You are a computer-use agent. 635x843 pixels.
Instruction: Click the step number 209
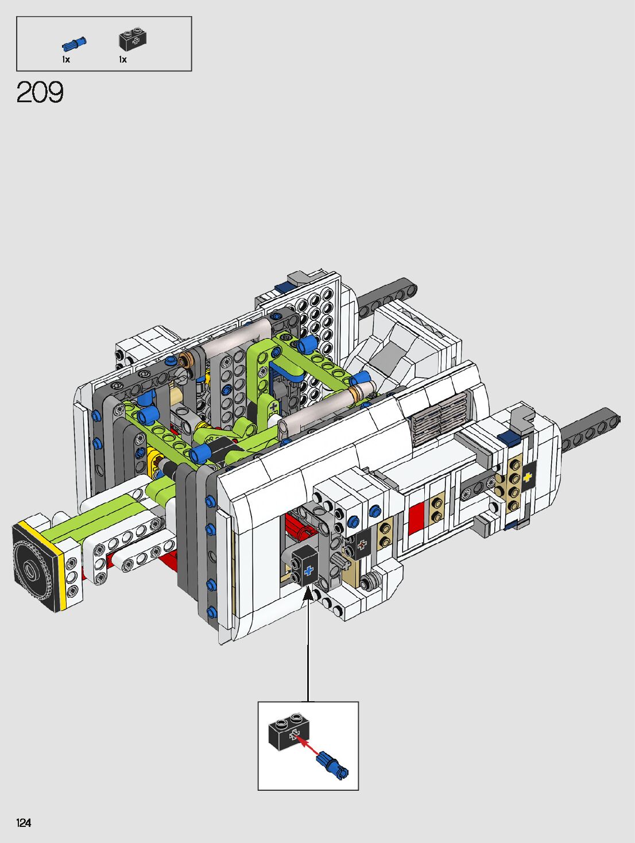coord(40,92)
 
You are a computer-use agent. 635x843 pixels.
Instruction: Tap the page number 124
coord(24,822)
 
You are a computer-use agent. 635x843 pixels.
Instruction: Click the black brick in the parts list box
coord(133,38)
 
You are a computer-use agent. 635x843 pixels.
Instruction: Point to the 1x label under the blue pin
coord(66,60)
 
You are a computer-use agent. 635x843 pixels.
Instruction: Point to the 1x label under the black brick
coord(122,60)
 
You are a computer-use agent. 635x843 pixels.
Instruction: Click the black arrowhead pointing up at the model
coord(308,594)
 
